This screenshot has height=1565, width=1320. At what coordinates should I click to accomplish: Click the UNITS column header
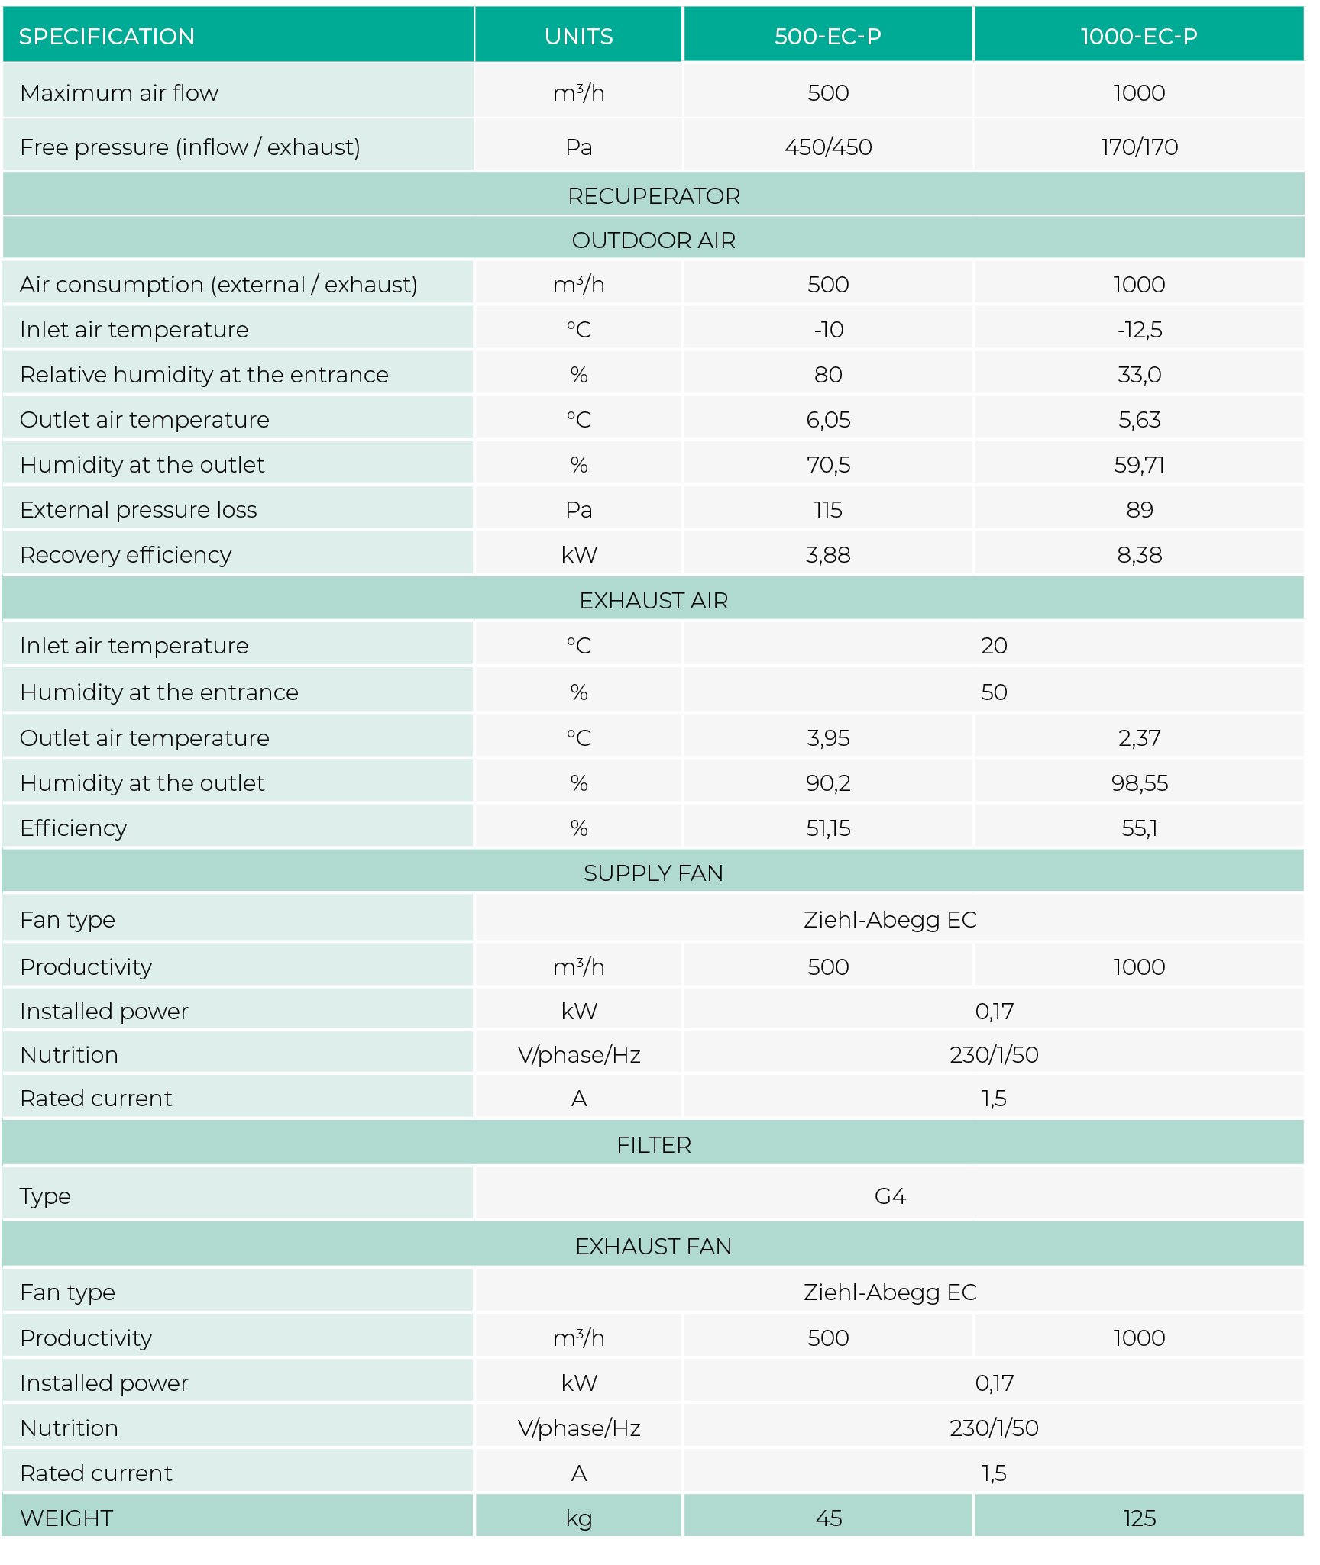tap(578, 37)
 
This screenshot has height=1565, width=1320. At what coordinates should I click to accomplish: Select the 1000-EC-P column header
tap(1138, 37)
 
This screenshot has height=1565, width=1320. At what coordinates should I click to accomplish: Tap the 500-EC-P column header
tap(827, 37)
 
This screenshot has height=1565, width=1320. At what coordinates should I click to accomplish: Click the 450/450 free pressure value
tap(828, 147)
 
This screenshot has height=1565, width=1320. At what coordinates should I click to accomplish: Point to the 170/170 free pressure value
tap(1139, 147)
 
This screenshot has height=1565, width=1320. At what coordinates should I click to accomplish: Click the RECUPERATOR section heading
tap(654, 196)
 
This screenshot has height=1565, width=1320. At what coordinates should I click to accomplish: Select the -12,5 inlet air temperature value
tap(1139, 330)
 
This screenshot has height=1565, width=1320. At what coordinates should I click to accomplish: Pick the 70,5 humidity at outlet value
tap(828, 465)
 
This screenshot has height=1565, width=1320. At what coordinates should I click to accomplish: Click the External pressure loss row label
tap(138, 510)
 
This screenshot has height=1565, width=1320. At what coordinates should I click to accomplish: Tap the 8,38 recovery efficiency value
tap(1139, 555)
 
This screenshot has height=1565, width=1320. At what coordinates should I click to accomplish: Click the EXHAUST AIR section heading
tap(654, 601)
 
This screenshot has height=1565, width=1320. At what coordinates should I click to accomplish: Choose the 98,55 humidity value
tap(1139, 783)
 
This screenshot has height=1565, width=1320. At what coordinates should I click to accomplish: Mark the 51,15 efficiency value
tap(828, 828)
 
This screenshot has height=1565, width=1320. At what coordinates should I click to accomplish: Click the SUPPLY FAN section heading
tap(654, 873)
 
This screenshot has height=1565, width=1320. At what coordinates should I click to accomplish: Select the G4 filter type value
tap(890, 1196)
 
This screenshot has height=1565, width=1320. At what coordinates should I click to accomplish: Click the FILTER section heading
tap(654, 1145)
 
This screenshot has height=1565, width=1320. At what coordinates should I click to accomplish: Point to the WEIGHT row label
tap(66, 1518)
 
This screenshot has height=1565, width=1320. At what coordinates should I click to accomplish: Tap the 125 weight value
tap(1139, 1518)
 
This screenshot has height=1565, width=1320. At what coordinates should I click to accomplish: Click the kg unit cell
tap(578, 1518)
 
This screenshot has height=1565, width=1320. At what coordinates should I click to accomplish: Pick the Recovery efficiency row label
tap(125, 555)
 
